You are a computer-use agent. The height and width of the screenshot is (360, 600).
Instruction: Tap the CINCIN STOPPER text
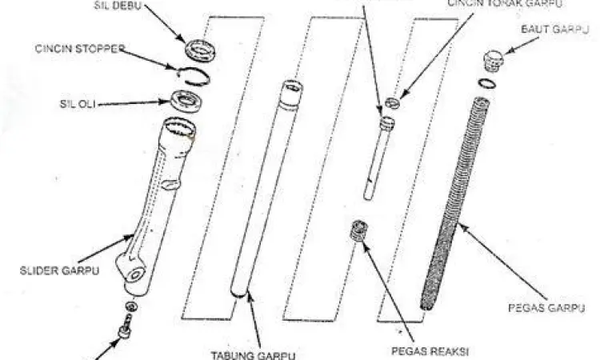[80, 49]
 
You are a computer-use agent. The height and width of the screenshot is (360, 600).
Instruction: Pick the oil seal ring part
[190, 102]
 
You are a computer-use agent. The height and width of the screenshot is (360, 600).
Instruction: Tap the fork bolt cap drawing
[494, 62]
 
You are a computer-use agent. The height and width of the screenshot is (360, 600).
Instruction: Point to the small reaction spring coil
[360, 233]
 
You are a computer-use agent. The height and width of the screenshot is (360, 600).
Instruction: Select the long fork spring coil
[456, 200]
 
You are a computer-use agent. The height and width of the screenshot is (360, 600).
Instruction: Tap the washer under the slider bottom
[130, 307]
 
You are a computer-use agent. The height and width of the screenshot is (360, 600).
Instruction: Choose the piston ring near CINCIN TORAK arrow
[391, 102]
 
